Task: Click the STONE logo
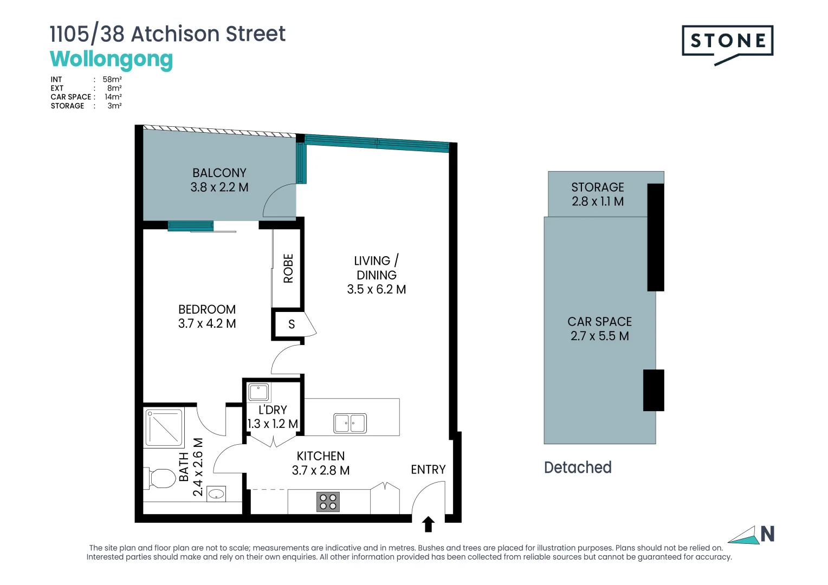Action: (x=727, y=42)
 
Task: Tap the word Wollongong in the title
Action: (x=111, y=59)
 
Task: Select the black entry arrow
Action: (x=428, y=524)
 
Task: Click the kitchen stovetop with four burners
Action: (x=328, y=502)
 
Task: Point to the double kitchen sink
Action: (x=350, y=423)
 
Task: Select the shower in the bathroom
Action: (x=164, y=427)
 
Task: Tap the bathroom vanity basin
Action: (x=216, y=493)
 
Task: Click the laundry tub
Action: (x=258, y=392)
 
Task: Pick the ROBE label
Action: (x=288, y=268)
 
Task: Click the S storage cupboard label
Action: (x=292, y=324)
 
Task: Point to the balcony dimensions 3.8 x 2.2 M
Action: (x=219, y=187)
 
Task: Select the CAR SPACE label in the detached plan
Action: (x=599, y=322)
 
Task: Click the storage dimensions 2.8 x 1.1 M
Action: (x=598, y=201)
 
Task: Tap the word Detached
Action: (x=578, y=467)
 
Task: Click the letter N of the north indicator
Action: (x=767, y=534)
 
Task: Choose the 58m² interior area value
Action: (x=112, y=80)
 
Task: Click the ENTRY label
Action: (x=428, y=470)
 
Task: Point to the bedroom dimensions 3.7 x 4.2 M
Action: (x=207, y=324)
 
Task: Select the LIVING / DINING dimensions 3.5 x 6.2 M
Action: (x=377, y=290)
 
